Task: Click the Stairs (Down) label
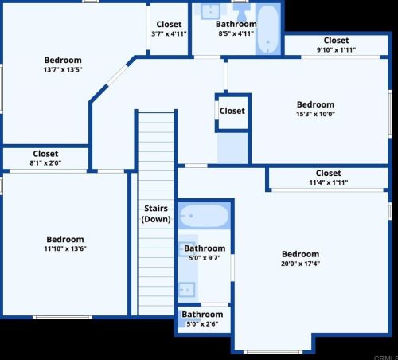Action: point(156,213)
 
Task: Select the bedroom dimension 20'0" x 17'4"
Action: point(300,264)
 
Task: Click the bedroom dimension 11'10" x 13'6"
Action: point(64,249)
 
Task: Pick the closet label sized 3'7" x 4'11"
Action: point(168,34)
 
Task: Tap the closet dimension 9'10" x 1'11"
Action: point(336,50)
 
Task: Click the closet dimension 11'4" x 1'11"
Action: point(328,183)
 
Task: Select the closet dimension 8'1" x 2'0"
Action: point(45,163)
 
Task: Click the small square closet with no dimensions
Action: point(232,112)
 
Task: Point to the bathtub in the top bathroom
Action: point(267,29)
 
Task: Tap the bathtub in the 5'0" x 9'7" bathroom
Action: point(204,217)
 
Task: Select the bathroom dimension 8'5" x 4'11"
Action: point(236,34)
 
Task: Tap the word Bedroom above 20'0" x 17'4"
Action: point(300,255)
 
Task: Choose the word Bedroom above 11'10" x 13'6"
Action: point(64,240)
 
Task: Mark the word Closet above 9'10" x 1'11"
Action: point(336,41)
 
